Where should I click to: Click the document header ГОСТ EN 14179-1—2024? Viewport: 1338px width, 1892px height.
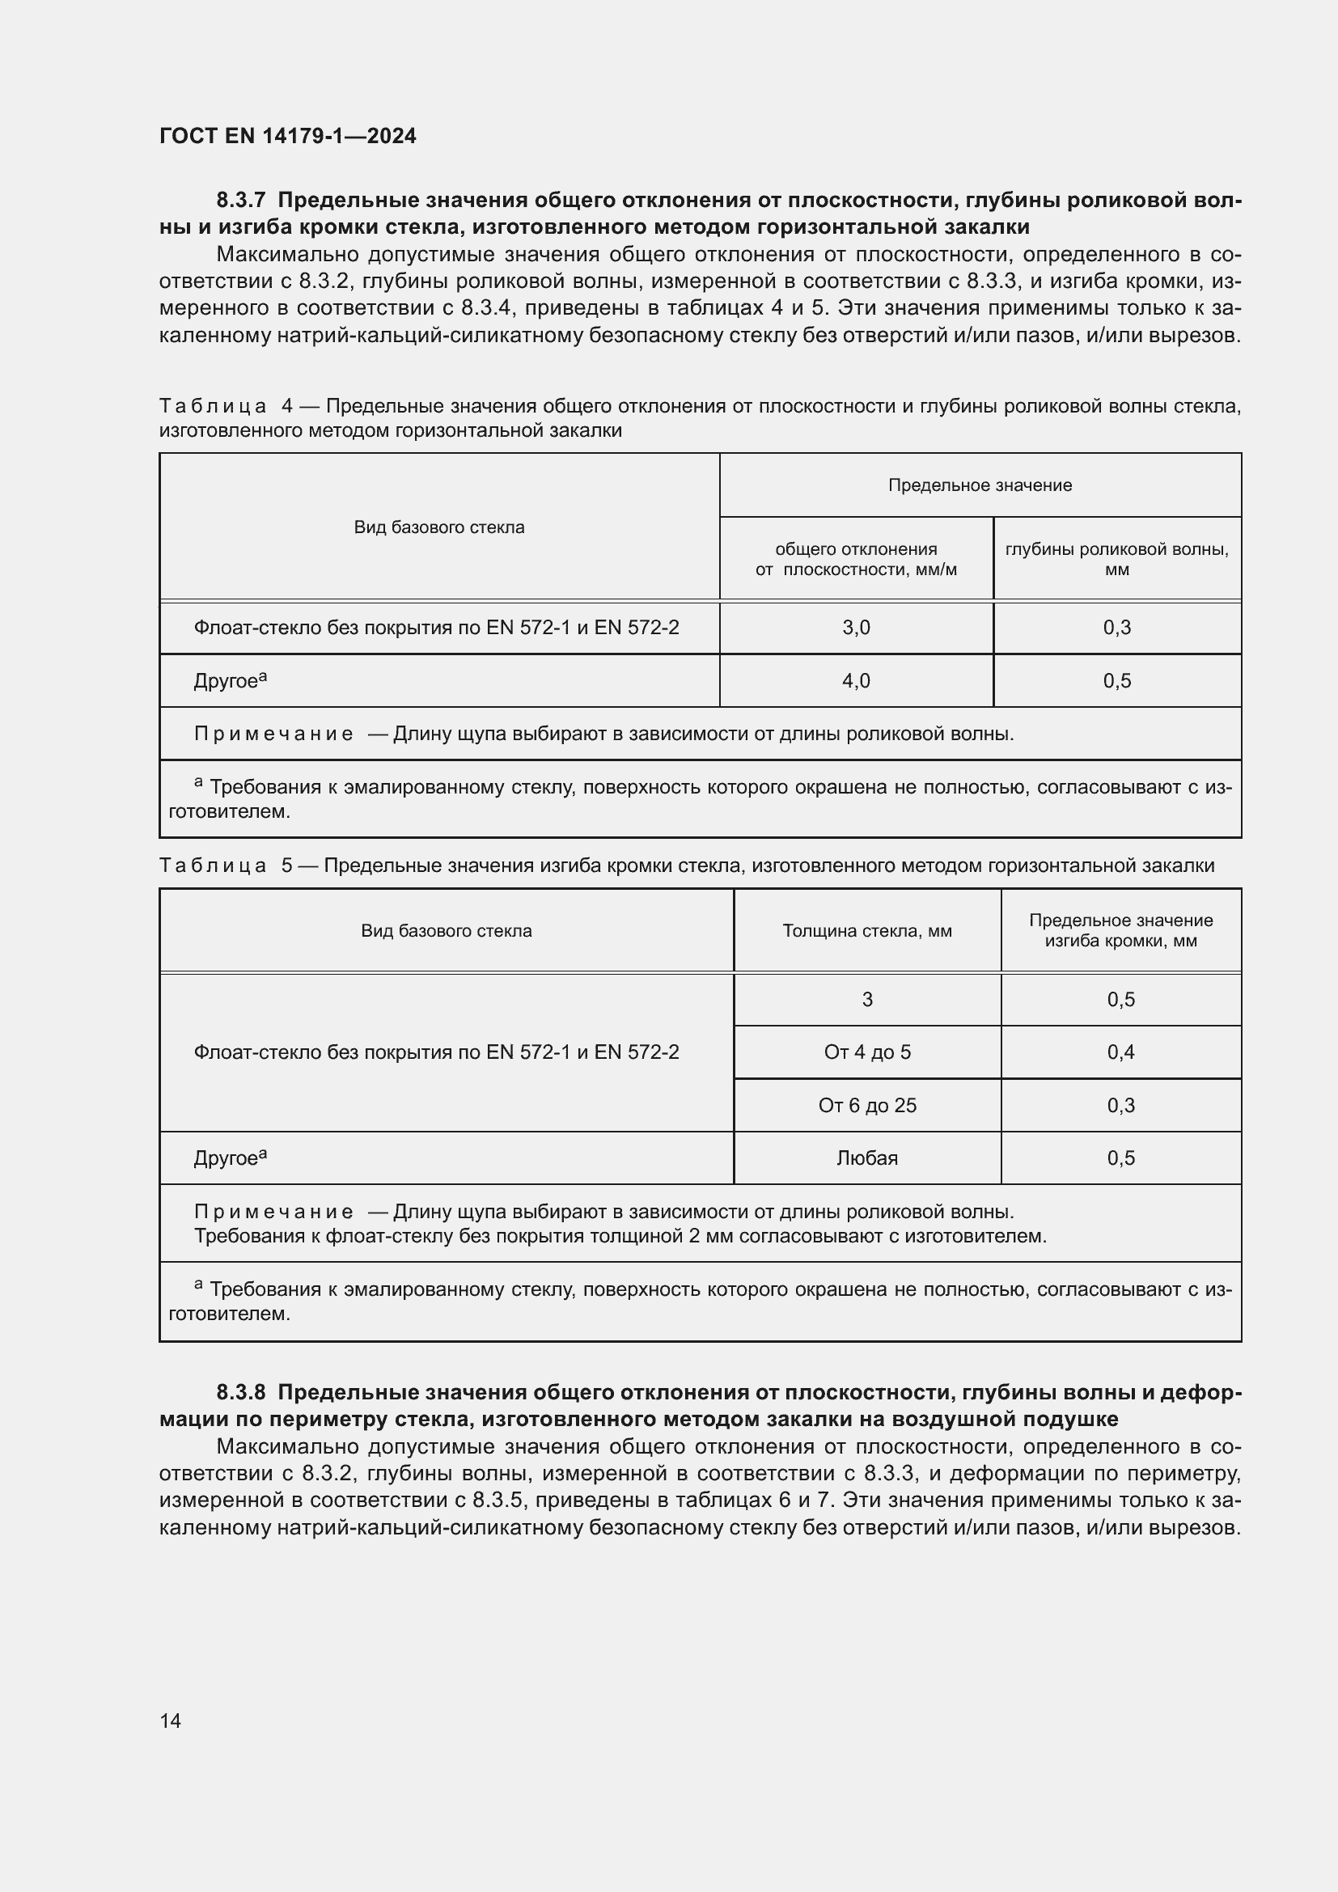pyautogui.click(x=287, y=136)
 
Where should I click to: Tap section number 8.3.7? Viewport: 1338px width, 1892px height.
pyautogui.click(x=241, y=201)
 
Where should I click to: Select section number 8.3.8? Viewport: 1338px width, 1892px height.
pyautogui.click(x=241, y=1392)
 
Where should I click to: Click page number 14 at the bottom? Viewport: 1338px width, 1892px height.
pyautogui.click(x=171, y=1721)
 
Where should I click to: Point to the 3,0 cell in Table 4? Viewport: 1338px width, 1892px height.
pyautogui.click(x=856, y=628)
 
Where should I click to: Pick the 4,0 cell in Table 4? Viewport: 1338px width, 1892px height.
pyautogui.click(x=856, y=680)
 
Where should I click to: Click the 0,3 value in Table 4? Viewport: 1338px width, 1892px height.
pyautogui.click(x=1116, y=628)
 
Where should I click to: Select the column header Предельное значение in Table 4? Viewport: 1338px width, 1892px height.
pyautogui.click(x=980, y=485)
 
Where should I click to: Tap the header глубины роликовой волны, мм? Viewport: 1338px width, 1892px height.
pyautogui.click(x=1116, y=559)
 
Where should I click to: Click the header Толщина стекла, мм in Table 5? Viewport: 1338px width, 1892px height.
pyautogui.click(x=866, y=931)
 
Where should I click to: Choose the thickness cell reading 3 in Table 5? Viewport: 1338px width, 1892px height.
pyautogui.click(x=866, y=1000)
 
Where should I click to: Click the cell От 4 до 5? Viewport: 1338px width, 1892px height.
pyautogui.click(x=866, y=1052)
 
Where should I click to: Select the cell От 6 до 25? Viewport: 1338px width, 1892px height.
pyautogui.click(x=866, y=1105)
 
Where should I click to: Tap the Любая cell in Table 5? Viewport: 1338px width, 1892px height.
pyautogui.click(x=866, y=1158)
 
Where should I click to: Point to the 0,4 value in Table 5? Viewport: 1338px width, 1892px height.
pyautogui.click(x=1120, y=1052)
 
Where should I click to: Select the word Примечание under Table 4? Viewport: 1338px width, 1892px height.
pyautogui.click(x=273, y=734)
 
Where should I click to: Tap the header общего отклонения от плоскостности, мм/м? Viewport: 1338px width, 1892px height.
pyautogui.click(x=856, y=559)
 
